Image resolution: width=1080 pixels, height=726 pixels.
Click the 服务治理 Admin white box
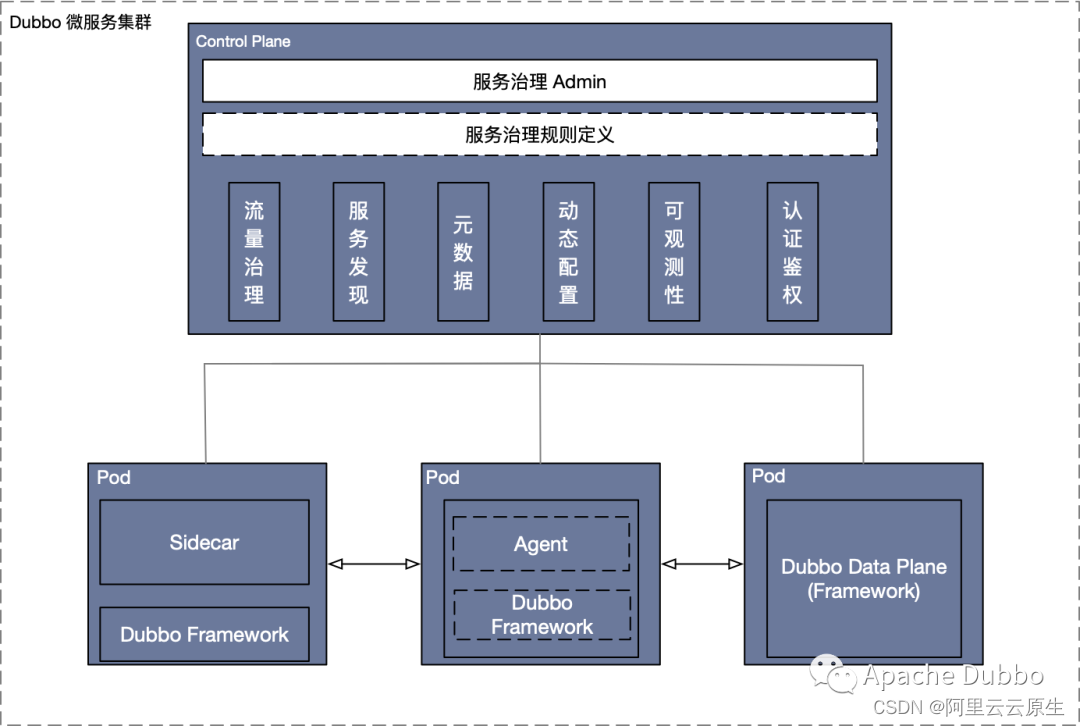coord(540,81)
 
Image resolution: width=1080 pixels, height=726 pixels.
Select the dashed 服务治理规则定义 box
coord(540,134)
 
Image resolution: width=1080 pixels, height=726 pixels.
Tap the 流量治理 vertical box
coord(254,252)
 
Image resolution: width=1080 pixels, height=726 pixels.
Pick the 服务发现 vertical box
coord(358,252)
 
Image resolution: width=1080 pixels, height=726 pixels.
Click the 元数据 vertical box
coord(463,252)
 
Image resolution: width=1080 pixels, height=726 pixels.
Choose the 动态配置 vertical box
coord(568,252)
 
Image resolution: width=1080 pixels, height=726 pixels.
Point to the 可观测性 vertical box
coord(674,252)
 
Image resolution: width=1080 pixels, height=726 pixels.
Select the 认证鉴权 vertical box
coord(792,252)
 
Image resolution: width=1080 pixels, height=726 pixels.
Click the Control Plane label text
coord(243,41)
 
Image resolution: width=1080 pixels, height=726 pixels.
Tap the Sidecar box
coord(204,542)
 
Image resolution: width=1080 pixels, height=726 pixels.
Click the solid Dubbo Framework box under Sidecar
coord(204,634)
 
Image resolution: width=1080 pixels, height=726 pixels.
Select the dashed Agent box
coord(541,544)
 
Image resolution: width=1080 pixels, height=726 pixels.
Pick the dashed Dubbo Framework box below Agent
coord(542,615)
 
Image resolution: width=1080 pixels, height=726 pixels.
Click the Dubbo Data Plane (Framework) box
coord(863,578)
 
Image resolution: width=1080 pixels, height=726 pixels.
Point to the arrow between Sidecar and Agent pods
coord(374,564)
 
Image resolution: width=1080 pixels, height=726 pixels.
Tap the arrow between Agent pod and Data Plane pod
coord(702,564)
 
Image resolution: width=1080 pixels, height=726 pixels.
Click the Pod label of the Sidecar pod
coord(113,477)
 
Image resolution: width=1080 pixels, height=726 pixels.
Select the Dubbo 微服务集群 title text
coord(81,22)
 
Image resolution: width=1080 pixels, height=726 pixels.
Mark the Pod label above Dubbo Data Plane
coord(768,476)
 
